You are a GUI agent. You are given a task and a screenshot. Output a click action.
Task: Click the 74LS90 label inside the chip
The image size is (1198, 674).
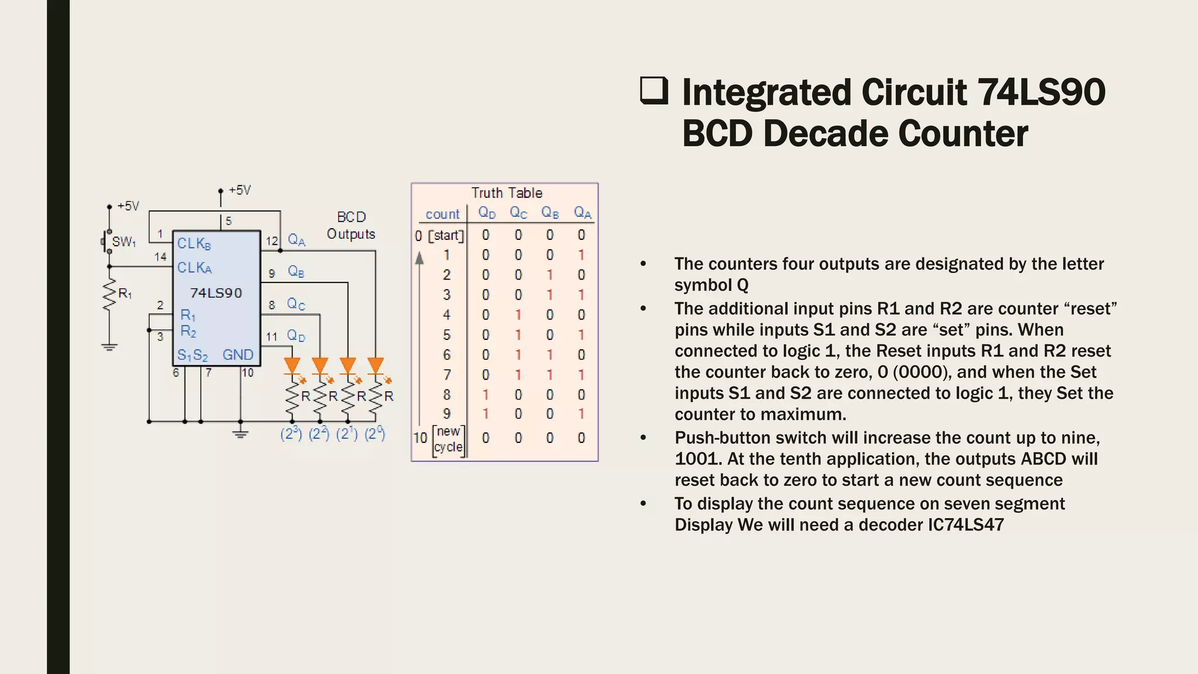pos(216,293)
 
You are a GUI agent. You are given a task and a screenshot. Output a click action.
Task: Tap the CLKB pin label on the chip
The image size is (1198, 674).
pos(194,243)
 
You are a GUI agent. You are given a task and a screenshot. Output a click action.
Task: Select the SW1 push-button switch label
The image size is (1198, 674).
pos(124,242)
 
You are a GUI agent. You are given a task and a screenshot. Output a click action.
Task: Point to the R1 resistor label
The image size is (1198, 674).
pos(125,294)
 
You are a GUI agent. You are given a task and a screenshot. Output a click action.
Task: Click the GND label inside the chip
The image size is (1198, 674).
pos(238,355)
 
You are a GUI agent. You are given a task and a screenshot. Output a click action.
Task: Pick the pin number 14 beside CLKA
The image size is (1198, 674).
pos(160,256)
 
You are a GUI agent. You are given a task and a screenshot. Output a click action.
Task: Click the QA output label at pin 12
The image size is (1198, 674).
pos(297,240)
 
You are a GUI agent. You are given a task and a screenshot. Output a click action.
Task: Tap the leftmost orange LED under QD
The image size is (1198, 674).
pos(292,366)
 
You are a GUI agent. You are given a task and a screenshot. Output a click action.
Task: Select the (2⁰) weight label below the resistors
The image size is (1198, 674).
pos(375,434)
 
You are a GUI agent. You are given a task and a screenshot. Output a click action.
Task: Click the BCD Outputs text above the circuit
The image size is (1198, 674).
pos(351,225)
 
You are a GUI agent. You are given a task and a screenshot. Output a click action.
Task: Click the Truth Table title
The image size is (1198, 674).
pos(507,193)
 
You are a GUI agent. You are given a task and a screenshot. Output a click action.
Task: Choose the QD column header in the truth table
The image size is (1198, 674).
pos(487,213)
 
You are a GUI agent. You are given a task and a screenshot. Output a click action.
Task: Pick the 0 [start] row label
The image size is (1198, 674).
pos(439,236)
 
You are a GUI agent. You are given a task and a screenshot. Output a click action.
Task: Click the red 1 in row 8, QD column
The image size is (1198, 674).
pos(486,395)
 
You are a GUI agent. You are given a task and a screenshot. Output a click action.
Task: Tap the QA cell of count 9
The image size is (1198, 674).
pos(581,414)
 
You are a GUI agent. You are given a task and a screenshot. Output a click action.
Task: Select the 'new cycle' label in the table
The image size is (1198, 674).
pos(448,439)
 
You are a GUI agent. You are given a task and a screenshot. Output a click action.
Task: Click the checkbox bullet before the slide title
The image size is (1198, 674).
pos(654,91)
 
